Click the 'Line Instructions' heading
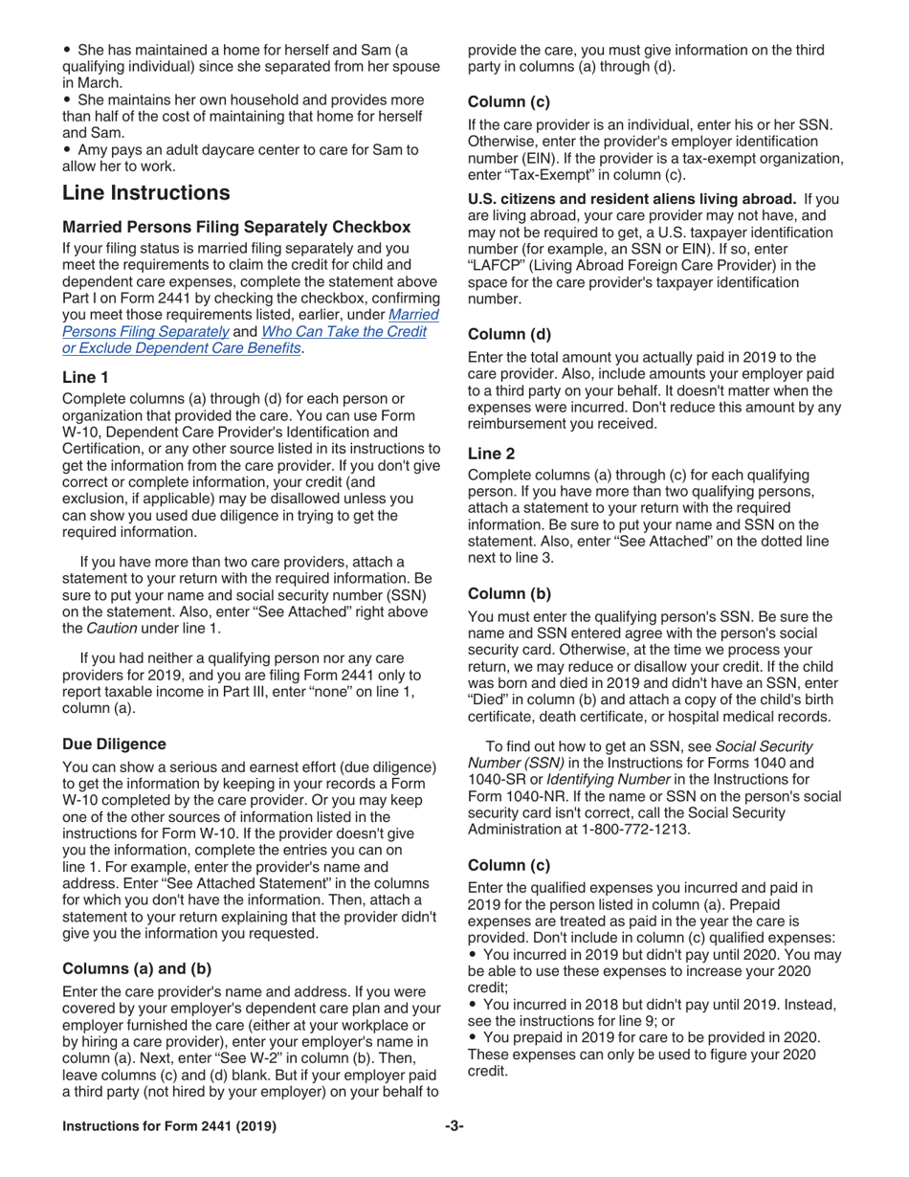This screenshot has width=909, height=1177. [x=145, y=193]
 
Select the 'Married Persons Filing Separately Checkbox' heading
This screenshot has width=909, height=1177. [x=236, y=228]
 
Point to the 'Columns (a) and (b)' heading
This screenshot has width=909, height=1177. [x=137, y=968]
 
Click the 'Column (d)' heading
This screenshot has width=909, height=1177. [x=508, y=334]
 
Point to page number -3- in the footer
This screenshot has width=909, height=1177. [x=454, y=1126]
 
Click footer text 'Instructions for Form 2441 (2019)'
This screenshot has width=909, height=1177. [x=169, y=1126]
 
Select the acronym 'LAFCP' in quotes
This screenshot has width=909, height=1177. [x=496, y=266]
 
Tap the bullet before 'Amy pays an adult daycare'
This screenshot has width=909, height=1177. [x=66, y=149]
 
